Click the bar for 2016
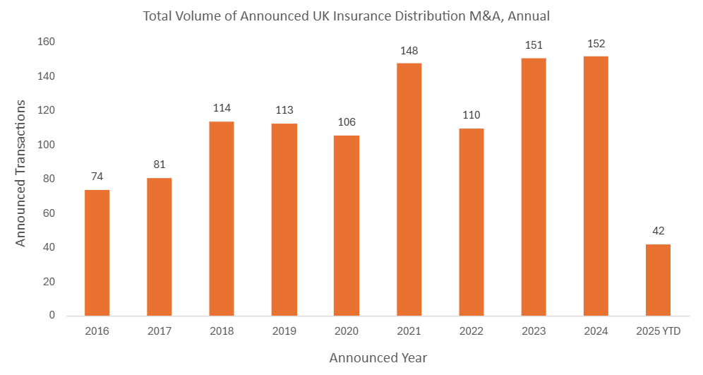pos(97,253)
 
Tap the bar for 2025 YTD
pos(658,280)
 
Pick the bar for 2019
pos(284,220)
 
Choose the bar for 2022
pos(471,222)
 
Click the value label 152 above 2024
pos(596,44)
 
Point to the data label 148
pos(409,51)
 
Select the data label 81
pos(160,165)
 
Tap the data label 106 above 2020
pos(347,122)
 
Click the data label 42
pos(658,232)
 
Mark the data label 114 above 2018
pos(222,109)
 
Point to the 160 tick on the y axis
pos(47,42)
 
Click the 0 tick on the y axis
pos(52,316)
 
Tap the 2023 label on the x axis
pos(534,331)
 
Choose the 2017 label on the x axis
pos(160,331)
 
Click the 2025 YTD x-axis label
pos(658,331)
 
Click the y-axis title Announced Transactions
pos(20,173)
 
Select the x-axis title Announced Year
pos(378,357)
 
